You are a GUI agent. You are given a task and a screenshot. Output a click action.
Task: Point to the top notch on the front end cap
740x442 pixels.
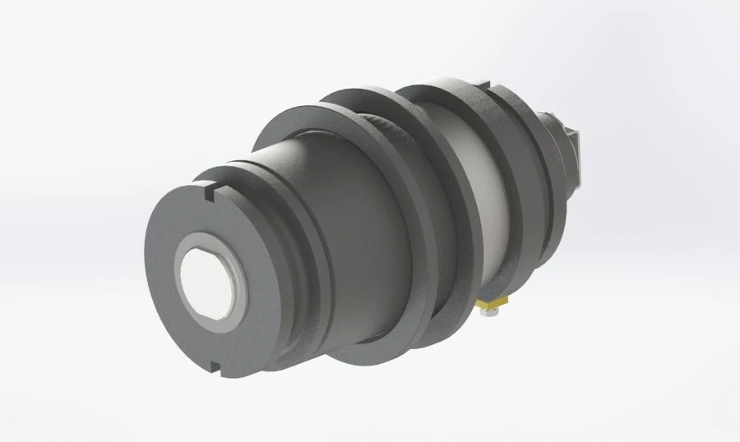pyautogui.click(x=206, y=195)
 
